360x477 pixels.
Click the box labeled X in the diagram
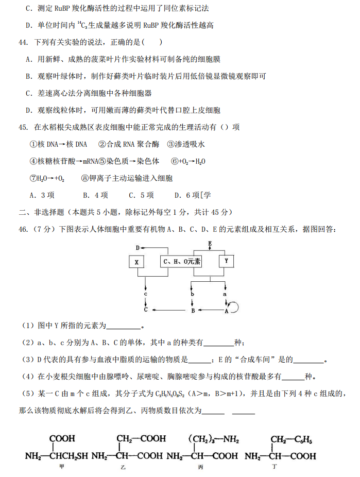point(136,262)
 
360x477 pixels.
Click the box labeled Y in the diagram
point(226,261)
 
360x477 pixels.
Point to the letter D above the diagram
point(138,248)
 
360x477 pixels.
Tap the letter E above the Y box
point(210,243)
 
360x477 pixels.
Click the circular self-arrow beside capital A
point(234,308)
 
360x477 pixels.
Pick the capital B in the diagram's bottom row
point(193,311)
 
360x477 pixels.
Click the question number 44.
point(23,42)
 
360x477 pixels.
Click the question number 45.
point(23,127)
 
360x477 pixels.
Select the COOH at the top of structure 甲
point(62,439)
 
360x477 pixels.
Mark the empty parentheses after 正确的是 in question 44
point(153,42)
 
